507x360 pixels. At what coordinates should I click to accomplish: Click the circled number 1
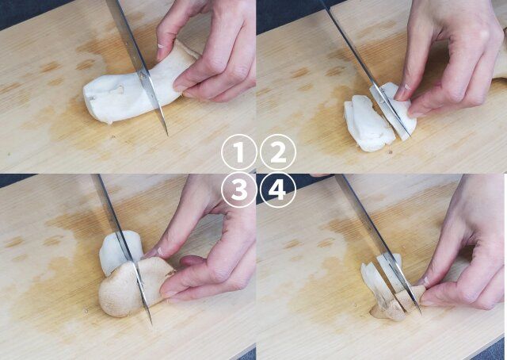(x=239, y=151)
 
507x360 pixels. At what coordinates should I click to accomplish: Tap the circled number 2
(x=278, y=151)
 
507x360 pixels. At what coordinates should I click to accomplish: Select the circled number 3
(x=239, y=190)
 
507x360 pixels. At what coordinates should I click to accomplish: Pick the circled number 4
(x=278, y=190)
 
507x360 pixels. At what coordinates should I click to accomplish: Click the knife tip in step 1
(x=168, y=136)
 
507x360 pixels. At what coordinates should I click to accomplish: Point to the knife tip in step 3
(x=151, y=324)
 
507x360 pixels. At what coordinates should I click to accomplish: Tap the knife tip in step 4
(x=421, y=313)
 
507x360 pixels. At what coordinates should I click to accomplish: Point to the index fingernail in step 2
(x=401, y=92)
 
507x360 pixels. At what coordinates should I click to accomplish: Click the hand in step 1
(x=207, y=48)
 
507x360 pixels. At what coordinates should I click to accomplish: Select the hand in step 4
(x=466, y=246)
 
